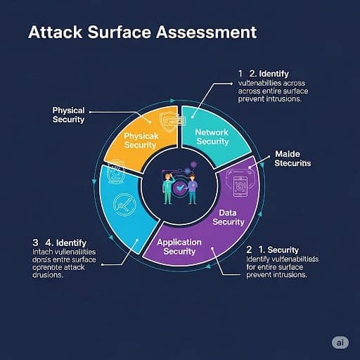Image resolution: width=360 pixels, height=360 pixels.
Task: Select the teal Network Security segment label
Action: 212,136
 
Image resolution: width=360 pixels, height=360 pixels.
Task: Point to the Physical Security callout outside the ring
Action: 69,115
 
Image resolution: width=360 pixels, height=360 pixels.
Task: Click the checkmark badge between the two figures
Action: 180,188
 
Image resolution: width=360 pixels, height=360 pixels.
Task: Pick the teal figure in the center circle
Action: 167,186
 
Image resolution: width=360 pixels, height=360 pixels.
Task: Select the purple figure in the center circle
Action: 193,186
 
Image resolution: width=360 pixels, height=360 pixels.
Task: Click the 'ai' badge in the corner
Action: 340,342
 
